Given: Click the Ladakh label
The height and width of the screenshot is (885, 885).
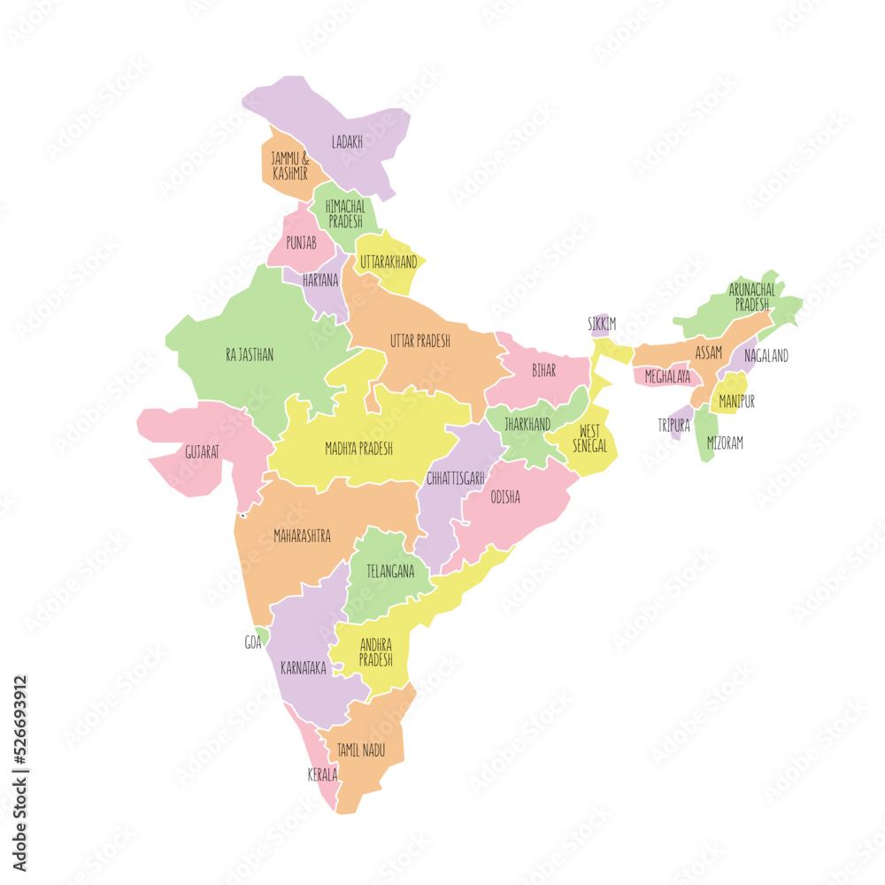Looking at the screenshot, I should (x=347, y=142).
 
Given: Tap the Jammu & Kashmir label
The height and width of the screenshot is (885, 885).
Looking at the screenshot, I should (x=290, y=166).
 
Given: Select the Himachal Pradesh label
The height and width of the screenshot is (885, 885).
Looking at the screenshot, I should (x=345, y=213).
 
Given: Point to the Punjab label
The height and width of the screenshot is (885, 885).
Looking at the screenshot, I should (x=301, y=241).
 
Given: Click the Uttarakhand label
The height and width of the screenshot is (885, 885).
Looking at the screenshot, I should (x=389, y=262).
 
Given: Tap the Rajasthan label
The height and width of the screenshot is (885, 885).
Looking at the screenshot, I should (x=250, y=355).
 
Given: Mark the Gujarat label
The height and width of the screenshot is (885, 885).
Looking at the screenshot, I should (x=203, y=450).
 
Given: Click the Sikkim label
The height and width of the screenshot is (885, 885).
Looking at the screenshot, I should (x=602, y=324).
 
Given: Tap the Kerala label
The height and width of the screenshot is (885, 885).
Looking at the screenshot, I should (x=322, y=774).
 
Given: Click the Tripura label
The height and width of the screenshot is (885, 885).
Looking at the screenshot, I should (x=673, y=426).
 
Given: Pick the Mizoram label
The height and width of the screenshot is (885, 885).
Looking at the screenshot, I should (x=725, y=443).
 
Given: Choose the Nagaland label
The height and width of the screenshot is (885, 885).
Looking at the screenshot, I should (x=766, y=356).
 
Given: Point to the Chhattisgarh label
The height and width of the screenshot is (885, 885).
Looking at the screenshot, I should (x=455, y=478).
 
